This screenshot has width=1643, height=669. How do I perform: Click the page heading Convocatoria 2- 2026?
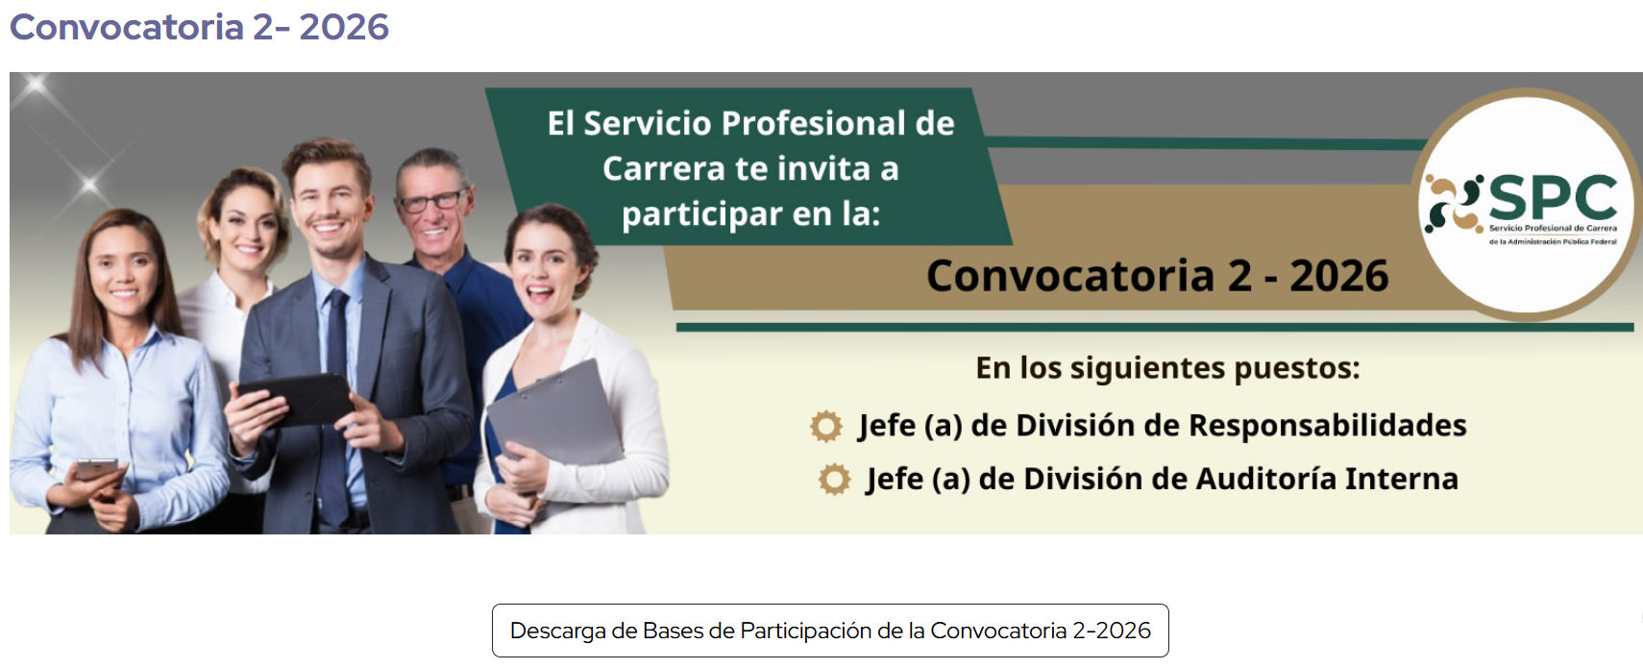pos(199,27)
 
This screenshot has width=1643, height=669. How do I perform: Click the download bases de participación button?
pos(830,631)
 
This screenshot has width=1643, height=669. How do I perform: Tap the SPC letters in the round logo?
pos(1553,197)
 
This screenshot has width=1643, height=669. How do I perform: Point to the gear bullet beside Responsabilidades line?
pos(826,426)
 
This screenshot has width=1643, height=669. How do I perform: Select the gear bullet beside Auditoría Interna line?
pos(834,480)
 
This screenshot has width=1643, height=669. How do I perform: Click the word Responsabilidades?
pos(1328,426)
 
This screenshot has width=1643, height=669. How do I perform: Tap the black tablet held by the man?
pos(297,399)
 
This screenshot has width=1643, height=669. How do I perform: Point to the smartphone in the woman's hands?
pos(97,469)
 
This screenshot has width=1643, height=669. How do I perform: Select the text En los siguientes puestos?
pos(1167,368)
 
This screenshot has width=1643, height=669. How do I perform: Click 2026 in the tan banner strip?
pos(1339,276)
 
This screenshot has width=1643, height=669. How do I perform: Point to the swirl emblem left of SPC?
pos(1453,204)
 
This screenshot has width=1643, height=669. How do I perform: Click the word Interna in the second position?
pos(1402,479)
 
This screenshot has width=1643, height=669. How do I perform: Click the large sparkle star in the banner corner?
pos(35,87)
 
